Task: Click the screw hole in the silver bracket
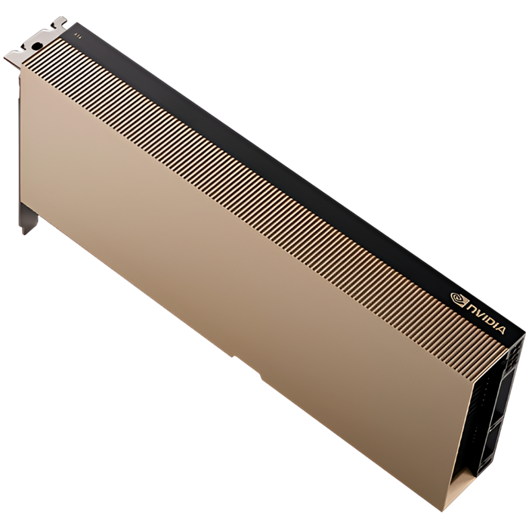36,46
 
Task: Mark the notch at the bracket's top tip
60,20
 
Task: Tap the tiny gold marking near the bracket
76,33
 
